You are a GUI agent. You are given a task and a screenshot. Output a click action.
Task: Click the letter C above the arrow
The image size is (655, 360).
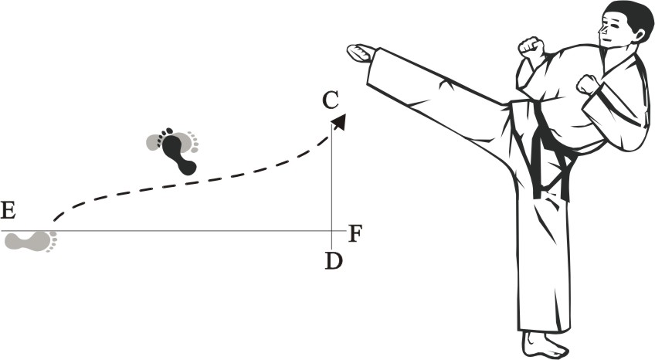331,100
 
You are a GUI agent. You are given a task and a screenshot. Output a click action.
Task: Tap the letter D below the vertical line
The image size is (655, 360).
334,261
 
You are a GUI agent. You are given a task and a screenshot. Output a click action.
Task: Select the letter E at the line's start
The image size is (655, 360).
9,210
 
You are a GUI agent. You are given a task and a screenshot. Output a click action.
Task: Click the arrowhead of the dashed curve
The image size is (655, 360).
339,120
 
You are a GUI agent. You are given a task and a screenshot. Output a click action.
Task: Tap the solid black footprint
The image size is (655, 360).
178,151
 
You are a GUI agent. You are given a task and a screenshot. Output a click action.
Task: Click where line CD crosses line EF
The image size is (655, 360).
331,231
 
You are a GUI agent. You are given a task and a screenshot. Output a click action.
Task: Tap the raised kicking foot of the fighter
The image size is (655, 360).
361,53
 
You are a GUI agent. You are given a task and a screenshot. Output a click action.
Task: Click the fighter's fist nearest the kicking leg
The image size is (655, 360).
531,47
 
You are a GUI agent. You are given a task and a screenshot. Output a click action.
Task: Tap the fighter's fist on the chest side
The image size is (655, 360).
589,83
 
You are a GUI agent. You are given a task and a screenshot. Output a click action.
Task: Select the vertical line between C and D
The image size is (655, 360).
331,178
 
